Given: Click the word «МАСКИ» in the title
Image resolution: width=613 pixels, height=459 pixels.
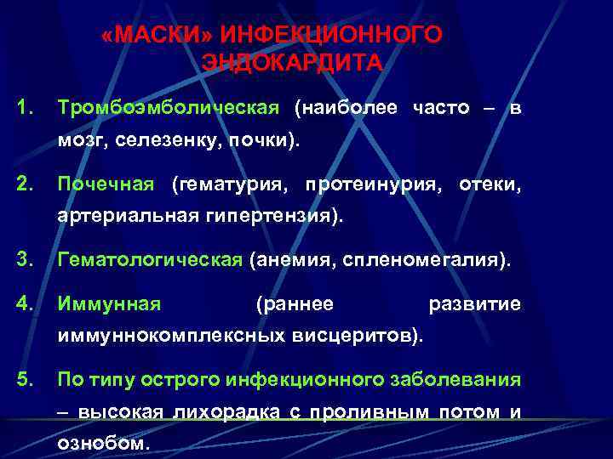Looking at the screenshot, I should pyautogui.click(x=156, y=35).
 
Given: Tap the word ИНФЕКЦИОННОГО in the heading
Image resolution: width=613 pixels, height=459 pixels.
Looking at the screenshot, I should pyautogui.click(x=331, y=35).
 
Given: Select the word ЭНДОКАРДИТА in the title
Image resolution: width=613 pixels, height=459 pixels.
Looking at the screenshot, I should pyautogui.click(x=293, y=63).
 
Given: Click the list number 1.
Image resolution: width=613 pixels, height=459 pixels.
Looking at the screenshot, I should pyautogui.click(x=26, y=108).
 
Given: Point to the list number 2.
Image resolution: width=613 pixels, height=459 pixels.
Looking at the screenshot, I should pyautogui.click(x=26, y=184).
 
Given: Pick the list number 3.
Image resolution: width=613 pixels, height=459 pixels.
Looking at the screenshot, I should pyautogui.click(x=26, y=259).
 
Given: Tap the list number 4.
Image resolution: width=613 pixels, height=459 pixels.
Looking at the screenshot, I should pyautogui.click(x=26, y=303).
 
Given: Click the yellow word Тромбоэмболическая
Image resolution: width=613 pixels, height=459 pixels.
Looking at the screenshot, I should pyautogui.click(x=168, y=108).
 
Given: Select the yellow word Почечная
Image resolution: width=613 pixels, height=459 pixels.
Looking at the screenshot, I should pyautogui.click(x=106, y=184).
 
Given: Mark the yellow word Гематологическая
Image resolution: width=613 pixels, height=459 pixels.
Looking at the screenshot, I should pyautogui.click(x=150, y=259).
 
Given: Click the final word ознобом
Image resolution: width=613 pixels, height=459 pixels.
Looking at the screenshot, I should pyautogui.click(x=102, y=444).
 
